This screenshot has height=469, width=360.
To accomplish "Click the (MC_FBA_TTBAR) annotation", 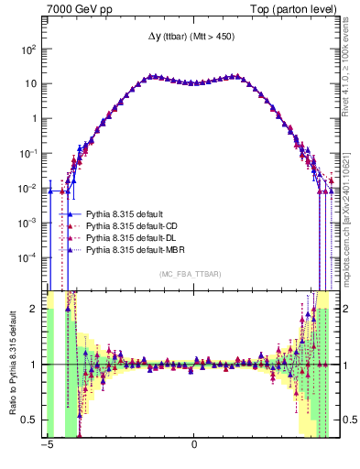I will [193, 274].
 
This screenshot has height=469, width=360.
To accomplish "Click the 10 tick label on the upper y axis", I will [30, 83].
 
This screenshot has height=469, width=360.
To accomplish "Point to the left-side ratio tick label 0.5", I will [31, 420].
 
